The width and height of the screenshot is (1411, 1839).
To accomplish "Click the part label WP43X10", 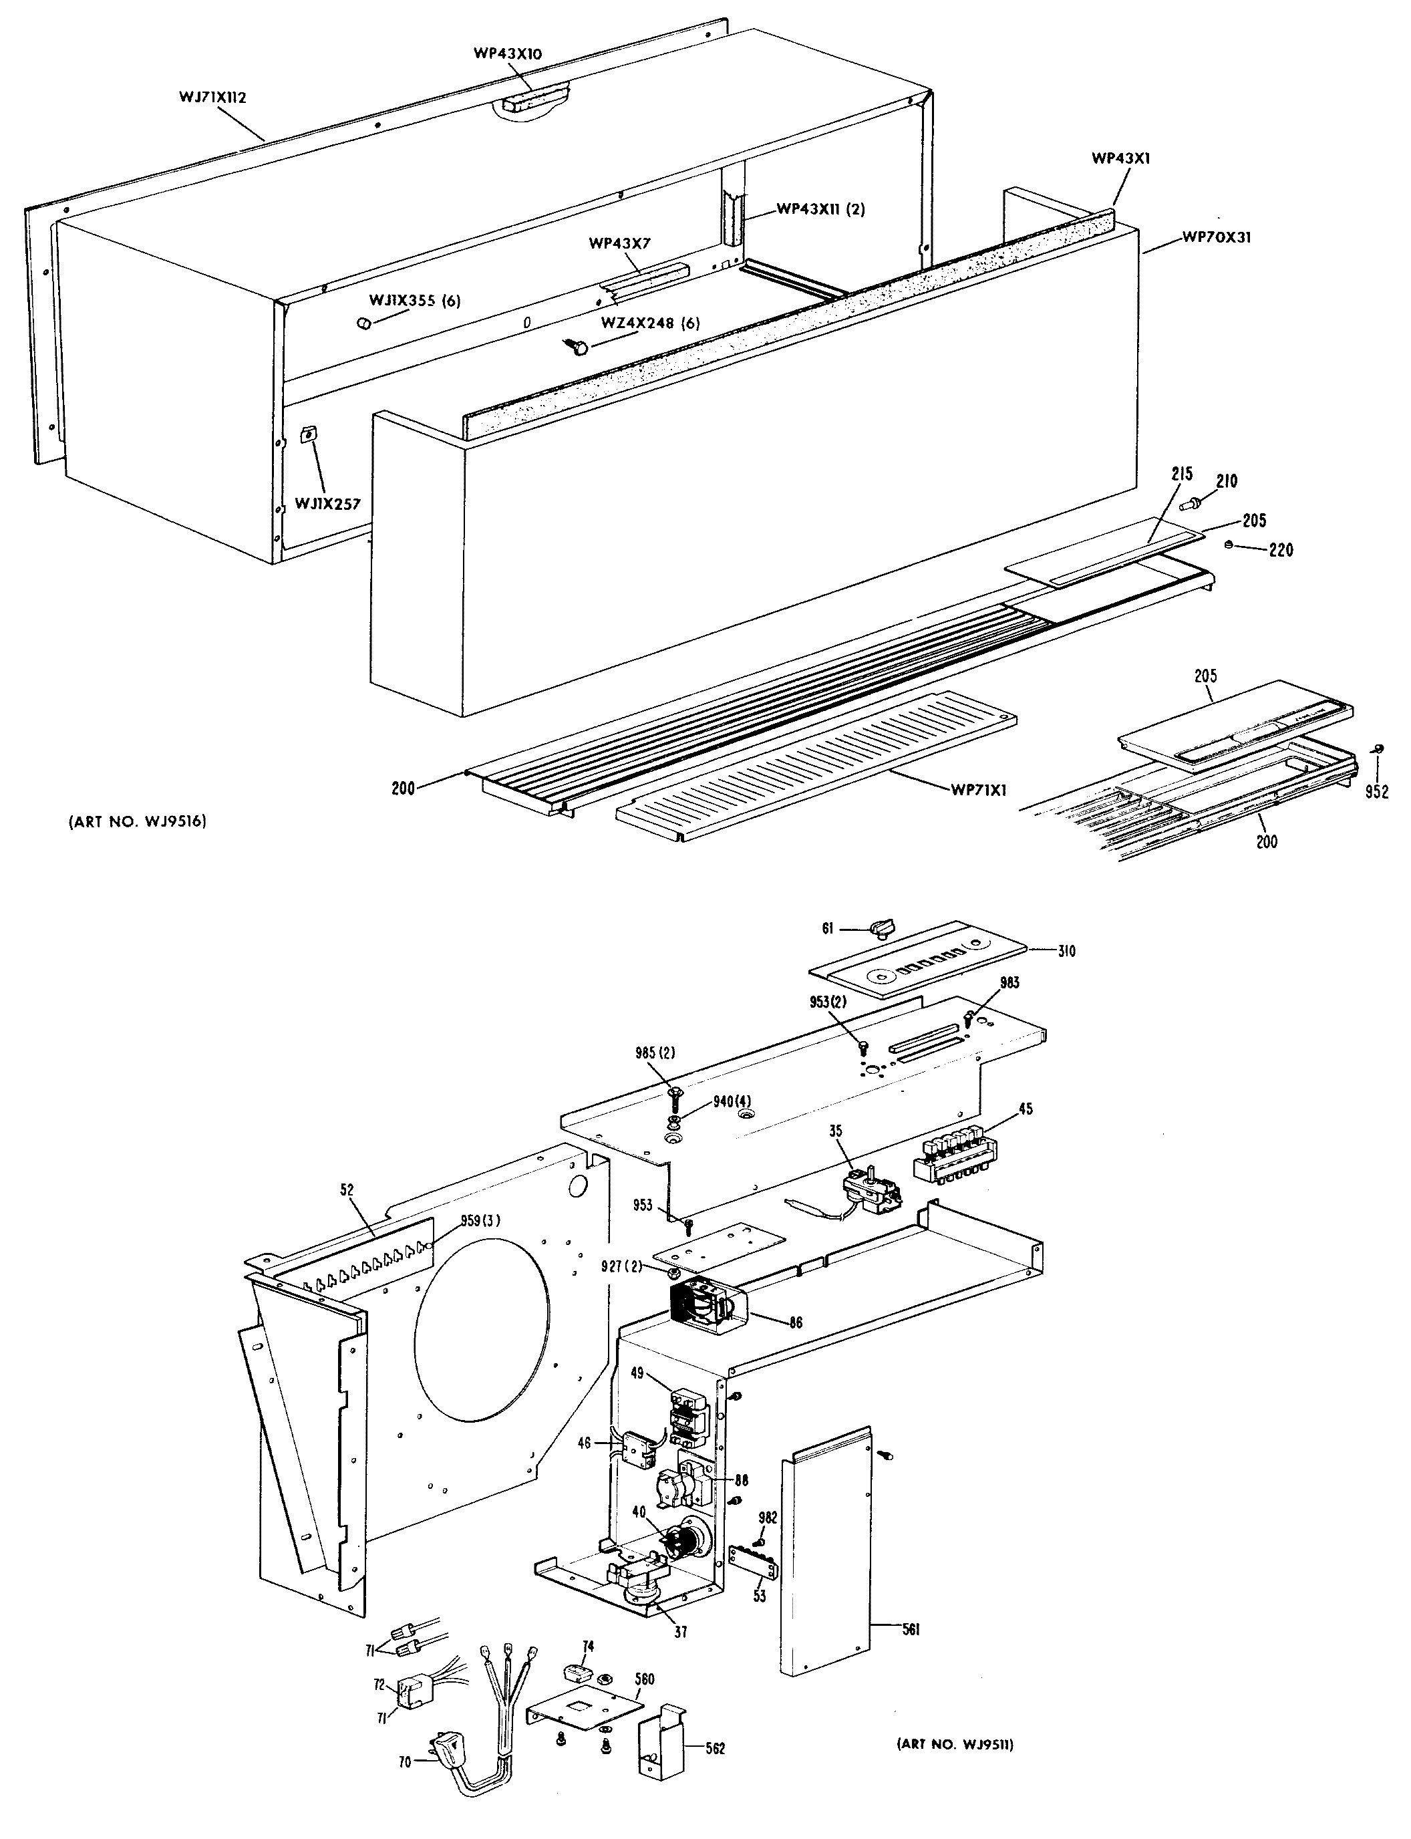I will click(507, 53).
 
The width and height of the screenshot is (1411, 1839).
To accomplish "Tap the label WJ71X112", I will click(212, 98).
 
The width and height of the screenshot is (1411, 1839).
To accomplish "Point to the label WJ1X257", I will click(327, 504).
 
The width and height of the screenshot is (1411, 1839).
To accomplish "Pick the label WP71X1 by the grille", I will click(979, 790).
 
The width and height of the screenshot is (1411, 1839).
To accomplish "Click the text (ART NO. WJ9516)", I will click(138, 822).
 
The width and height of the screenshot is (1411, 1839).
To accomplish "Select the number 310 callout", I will click(1066, 951).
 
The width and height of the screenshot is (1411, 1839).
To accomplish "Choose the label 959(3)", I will click(480, 1221).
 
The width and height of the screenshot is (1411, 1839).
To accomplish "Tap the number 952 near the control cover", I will click(1376, 791).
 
